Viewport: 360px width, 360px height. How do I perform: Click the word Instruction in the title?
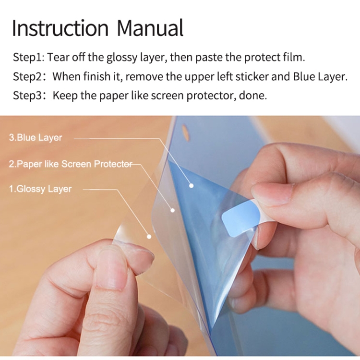click(x=60, y=28)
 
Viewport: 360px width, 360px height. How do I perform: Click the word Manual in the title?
click(x=150, y=28)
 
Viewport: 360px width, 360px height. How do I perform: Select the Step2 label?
click(x=28, y=76)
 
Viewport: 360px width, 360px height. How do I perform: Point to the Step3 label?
click(x=28, y=96)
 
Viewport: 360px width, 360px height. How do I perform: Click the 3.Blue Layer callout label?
click(x=36, y=138)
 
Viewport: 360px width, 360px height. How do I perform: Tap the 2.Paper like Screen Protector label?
click(x=71, y=164)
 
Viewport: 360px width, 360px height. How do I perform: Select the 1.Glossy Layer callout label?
click(x=40, y=189)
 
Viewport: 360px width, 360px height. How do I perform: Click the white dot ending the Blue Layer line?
click(x=191, y=186)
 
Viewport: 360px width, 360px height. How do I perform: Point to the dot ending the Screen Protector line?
click(x=172, y=210)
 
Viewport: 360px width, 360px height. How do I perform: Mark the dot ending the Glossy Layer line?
click(x=149, y=237)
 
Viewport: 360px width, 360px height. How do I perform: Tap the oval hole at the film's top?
click(x=186, y=132)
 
